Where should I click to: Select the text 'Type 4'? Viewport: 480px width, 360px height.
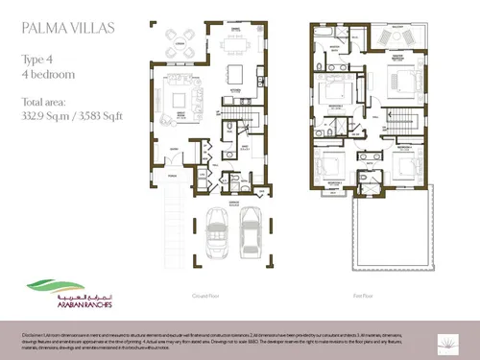(x=37, y=59)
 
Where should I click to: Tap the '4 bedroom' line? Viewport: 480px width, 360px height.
(x=45, y=73)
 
